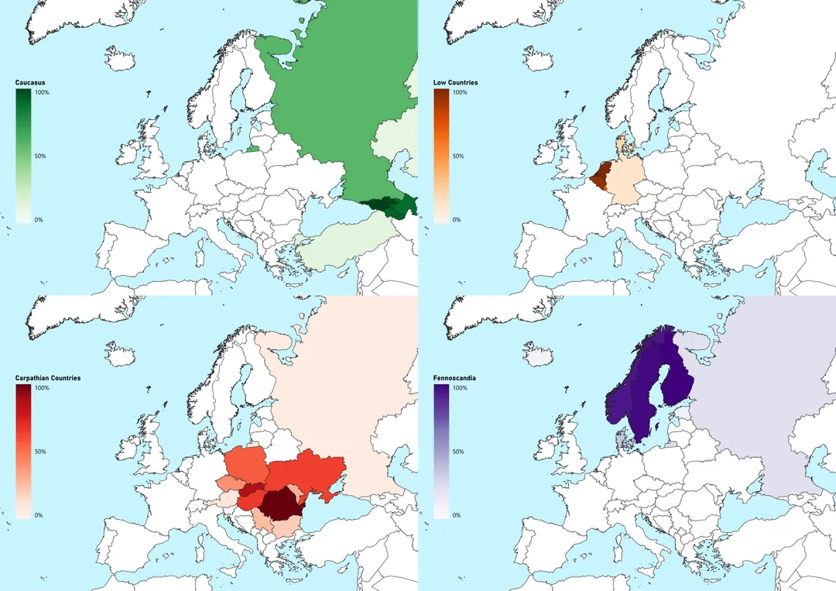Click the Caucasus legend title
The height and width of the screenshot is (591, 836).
(30, 82)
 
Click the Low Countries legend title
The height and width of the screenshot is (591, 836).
(456, 82)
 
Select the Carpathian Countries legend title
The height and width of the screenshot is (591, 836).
(48, 378)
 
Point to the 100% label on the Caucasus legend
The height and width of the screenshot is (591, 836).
(42, 93)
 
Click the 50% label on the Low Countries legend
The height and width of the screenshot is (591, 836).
(458, 156)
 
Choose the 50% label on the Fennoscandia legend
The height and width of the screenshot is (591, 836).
(458, 452)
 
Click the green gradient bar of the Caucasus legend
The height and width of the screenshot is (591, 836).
(23, 155)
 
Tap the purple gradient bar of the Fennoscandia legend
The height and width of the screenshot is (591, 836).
(441, 451)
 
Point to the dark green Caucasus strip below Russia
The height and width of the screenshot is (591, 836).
(387, 206)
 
